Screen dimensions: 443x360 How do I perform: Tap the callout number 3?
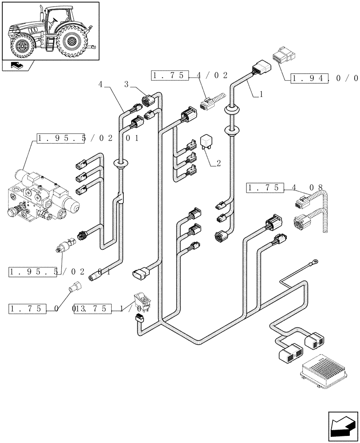(x=127, y=84)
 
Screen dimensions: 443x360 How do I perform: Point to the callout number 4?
(x=101, y=84)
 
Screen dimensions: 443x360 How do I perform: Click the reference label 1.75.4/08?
(x=284, y=188)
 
